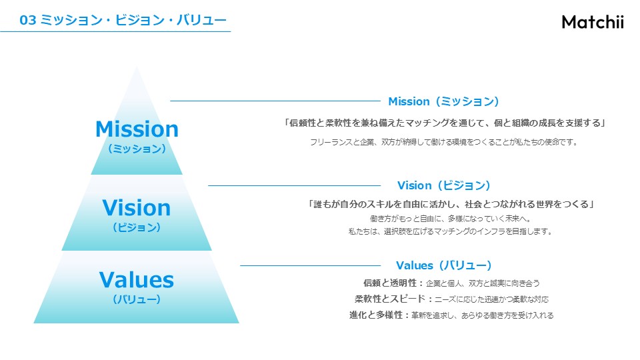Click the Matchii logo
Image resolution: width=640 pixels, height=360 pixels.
click(593, 21)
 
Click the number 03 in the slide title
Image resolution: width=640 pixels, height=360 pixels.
click(28, 20)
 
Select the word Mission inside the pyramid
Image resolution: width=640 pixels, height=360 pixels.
click(137, 129)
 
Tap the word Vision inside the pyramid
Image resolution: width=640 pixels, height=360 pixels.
click(136, 207)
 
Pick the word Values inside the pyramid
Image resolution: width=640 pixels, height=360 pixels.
click(136, 280)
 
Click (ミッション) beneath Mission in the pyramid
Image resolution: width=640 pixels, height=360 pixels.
click(137, 149)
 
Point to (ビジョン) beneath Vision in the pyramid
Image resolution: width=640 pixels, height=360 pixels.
click(137, 227)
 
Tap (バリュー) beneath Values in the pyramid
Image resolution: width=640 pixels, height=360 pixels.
click(137, 299)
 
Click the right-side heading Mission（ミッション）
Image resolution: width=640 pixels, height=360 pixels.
click(444, 101)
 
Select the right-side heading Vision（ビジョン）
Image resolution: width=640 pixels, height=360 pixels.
click(444, 185)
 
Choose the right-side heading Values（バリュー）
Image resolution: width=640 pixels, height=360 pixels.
click(444, 265)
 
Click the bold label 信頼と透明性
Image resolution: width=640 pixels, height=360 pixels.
click(390, 283)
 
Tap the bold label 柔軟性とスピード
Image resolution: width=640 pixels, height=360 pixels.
click(390, 299)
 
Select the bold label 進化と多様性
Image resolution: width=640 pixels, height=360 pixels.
click(376, 315)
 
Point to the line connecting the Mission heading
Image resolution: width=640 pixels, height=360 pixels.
click(275, 101)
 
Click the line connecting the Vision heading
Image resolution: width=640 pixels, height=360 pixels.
click(294, 186)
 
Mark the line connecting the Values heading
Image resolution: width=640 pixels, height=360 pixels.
click(310, 266)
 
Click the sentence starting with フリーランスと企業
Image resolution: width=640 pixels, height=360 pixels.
click(444, 142)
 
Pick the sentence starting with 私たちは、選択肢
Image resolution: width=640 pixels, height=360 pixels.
click(451, 231)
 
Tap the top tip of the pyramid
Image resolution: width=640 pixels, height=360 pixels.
click(137, 67)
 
